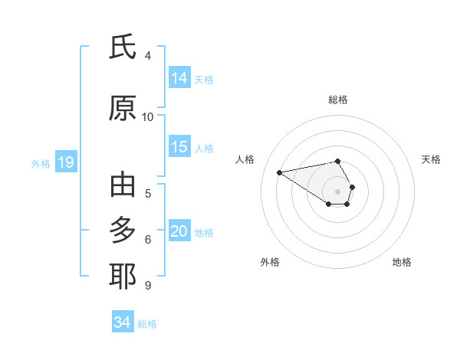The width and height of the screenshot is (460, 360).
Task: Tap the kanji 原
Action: (123, 109)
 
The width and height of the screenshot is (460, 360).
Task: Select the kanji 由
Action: (123, 185)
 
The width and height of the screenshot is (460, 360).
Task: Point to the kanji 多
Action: (123, 231)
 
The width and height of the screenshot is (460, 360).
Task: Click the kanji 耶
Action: (123, 277)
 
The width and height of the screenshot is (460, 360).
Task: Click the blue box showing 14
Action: (179, 77)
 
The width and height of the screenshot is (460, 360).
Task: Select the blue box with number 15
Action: (179, 147)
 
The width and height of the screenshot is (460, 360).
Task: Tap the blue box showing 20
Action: (179, 231)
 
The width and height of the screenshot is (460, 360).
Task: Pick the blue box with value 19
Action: (66, 162)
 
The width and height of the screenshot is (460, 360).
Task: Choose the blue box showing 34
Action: (123, 322)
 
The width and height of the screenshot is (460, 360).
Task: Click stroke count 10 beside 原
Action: (148, 117)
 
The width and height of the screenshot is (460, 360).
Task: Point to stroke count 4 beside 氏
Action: (148, 55)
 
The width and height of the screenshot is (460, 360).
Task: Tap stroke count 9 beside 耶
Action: (148, 285)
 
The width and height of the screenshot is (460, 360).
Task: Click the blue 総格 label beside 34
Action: (148, 324)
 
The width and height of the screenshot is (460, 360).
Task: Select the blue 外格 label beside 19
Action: (41, 164)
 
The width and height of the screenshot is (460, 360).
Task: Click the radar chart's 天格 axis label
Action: (432, 159)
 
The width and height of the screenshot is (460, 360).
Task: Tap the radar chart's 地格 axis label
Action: (402, 262)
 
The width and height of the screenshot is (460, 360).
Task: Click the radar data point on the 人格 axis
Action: (280, 172)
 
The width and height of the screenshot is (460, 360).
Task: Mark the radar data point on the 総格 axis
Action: (338, 161)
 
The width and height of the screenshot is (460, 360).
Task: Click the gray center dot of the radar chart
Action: (338, 191)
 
